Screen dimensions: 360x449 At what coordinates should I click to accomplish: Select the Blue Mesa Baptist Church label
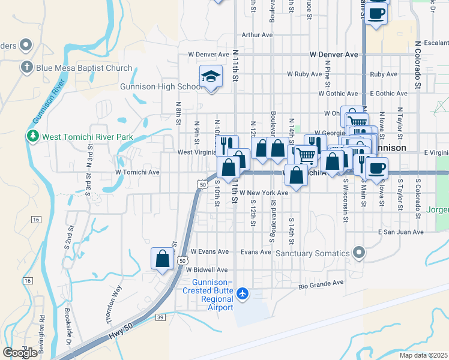83,68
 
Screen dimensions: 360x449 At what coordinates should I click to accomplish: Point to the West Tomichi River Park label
87,137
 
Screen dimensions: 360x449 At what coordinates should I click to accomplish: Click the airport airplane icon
242,293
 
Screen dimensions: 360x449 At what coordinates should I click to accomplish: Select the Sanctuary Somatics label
312,253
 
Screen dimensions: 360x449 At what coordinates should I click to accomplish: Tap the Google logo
20,353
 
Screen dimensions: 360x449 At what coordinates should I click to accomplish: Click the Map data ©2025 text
423,355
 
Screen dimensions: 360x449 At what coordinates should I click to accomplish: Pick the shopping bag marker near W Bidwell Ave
163,259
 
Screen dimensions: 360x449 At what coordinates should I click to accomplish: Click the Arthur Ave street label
258,35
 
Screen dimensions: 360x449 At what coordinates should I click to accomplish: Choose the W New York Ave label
265,193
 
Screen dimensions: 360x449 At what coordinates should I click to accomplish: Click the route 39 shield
159,317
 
